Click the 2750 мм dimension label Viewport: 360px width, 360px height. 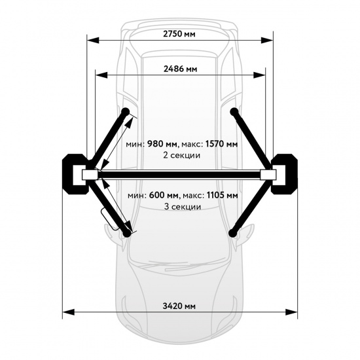tap(179, 34)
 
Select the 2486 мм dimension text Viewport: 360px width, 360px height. tap(180, 69)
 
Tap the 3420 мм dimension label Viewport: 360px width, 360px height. tap(179, 306)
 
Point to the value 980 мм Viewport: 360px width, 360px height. tap(162, 144)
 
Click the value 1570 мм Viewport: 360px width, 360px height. tap(221, 144)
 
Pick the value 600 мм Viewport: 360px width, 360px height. tap(164, 196)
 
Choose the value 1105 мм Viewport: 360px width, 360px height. tap(223, 196)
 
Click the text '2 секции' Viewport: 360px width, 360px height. tap(181, 155)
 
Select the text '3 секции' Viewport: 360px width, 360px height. tap(183, 207)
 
